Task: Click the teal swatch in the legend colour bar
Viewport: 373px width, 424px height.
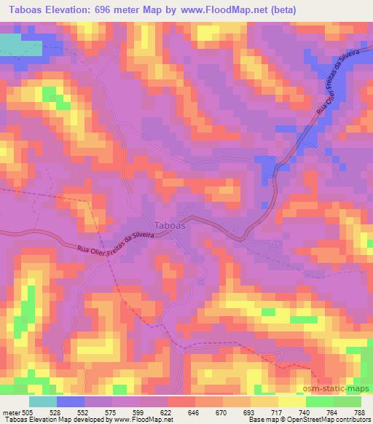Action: coord(44,401)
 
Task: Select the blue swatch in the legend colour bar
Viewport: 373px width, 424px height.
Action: coord(71,401)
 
